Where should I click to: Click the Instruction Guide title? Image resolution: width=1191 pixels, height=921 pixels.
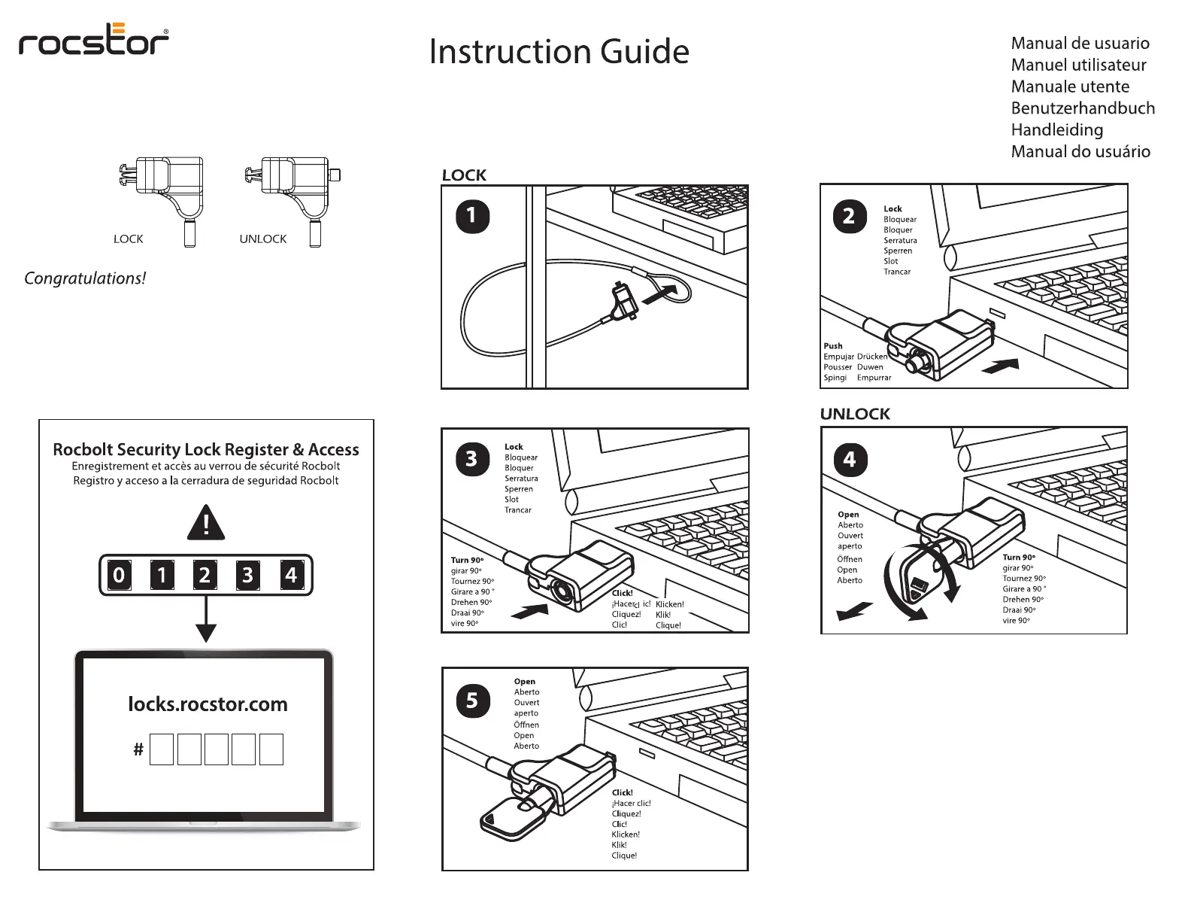[x=559, y=52]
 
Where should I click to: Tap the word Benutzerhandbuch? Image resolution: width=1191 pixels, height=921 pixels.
[x=1082, y=108]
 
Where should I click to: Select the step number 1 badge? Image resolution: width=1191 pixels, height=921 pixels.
[x=472, y=217]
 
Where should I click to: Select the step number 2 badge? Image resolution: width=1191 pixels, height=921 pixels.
[x=849, y=217]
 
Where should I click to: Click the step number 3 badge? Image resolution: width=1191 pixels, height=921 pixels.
[x=471, y=459]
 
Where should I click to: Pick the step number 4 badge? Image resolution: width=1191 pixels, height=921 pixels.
[x=850, y=460]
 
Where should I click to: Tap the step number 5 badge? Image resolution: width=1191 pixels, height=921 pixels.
[x=472, y=701]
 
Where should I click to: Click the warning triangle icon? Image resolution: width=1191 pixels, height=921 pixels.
[x=205, y=523]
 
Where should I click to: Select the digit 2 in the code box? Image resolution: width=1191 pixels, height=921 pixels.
[x=205, y=576]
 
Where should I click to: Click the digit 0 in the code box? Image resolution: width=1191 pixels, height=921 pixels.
[x=119, y=576]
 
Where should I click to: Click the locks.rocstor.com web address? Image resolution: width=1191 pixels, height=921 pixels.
[x=208, y=704]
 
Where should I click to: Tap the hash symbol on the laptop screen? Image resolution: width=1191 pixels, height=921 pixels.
[x=138, y=749]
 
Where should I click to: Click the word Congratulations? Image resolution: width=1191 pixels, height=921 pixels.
[x=85, y=278]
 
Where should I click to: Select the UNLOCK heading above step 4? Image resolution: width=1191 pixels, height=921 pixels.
[x=855, y=414]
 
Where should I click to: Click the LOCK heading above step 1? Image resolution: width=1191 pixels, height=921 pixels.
[x=464, y=175]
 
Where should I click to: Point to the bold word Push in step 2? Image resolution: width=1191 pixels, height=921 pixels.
[x=832, y=346]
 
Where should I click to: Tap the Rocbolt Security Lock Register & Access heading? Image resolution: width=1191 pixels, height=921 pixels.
[x=206, y=450]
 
